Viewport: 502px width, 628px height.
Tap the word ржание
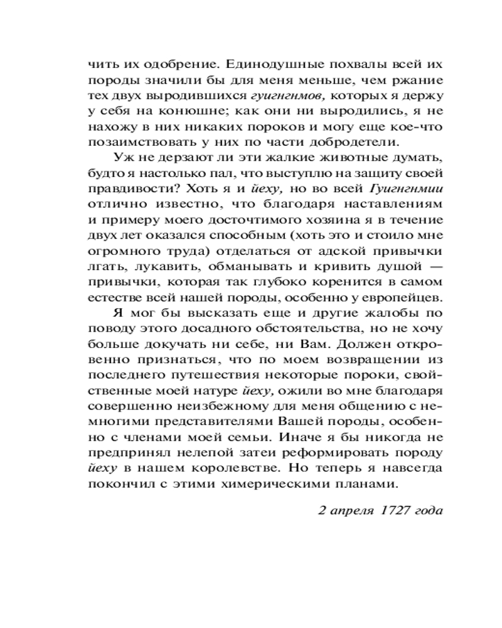[x=415, y=80]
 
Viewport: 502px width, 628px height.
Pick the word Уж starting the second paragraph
[x=123, y=158]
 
